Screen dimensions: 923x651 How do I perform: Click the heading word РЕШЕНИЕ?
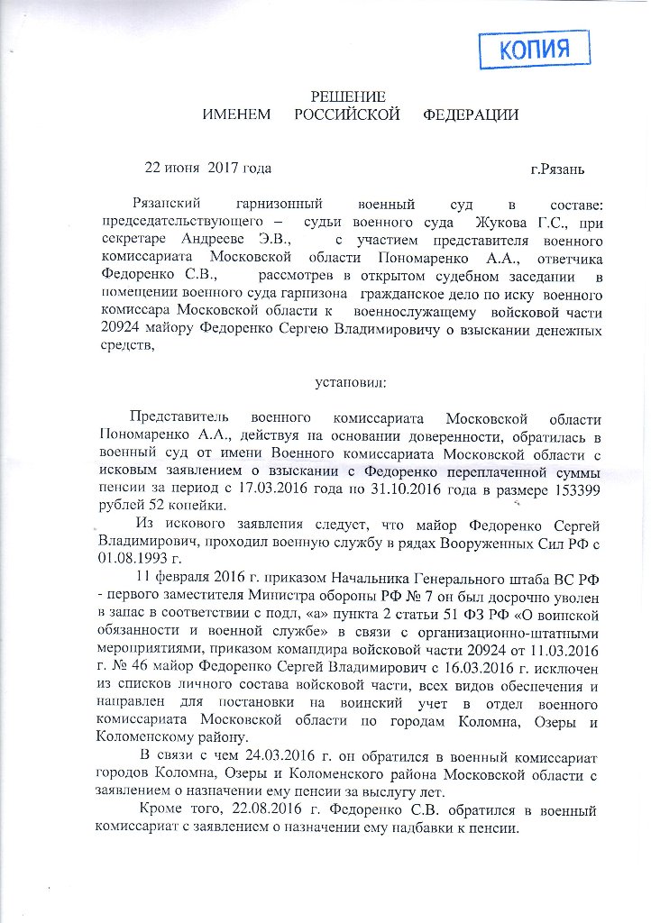(x=348, y=96)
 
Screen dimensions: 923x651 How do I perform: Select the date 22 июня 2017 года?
(x=207, y=168)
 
